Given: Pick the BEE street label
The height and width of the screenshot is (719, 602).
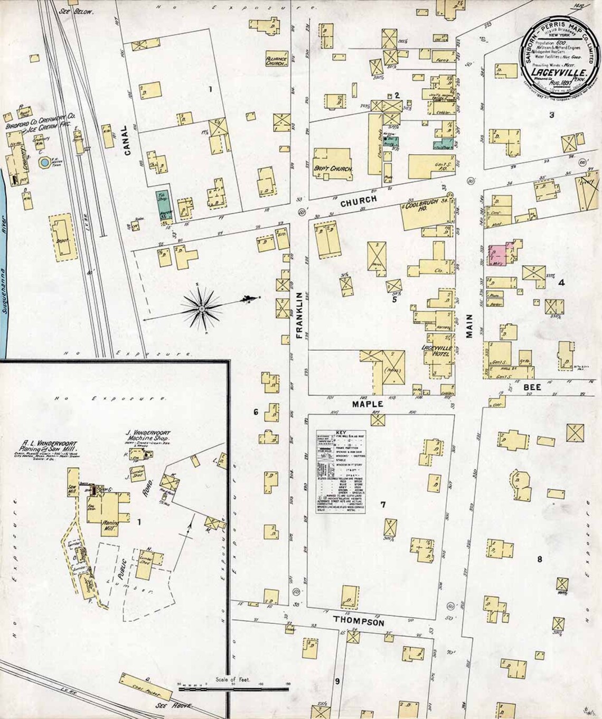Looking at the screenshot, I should coord(530,387).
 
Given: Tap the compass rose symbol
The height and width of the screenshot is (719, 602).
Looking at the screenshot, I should coord(202,307).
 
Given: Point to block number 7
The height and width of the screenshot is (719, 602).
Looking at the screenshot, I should coord(383,505).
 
